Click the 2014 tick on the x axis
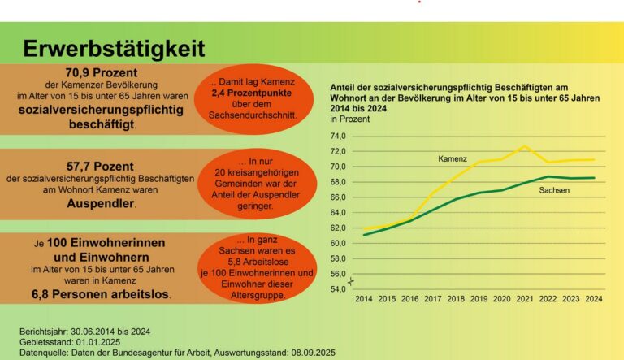click(x=363, y=299)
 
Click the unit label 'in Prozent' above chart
click(x=349, y=119)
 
